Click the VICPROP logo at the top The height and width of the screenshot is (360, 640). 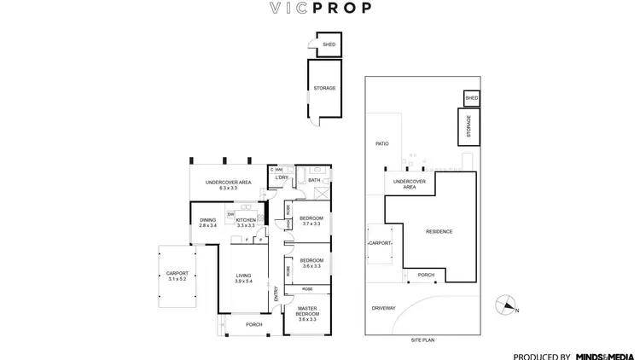[x=320, y=11]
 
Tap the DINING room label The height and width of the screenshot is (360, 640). [x=208, y=220]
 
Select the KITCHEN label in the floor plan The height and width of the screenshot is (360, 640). [x=246, y=220]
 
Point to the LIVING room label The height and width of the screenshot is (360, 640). [x=243, y=275]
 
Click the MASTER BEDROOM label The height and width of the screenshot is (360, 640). [x=307, y=311]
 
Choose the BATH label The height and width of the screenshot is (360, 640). [x=313, y=181]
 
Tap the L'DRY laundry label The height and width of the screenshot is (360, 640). [x=282, y=177]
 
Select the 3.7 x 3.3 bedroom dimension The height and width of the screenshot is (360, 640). [x=311, y=224]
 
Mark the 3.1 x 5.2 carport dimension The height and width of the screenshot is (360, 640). [x=177, y=279]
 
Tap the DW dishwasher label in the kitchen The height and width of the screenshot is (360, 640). [x=230, y=213]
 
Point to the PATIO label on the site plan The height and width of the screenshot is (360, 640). [x=381, y=143]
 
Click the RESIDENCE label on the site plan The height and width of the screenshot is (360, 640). [x=439, y=232]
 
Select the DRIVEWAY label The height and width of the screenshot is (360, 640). [x=384, y=307]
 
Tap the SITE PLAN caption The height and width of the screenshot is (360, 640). [x=422, y=340]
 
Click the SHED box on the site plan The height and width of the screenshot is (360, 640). [x=472, y=99]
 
